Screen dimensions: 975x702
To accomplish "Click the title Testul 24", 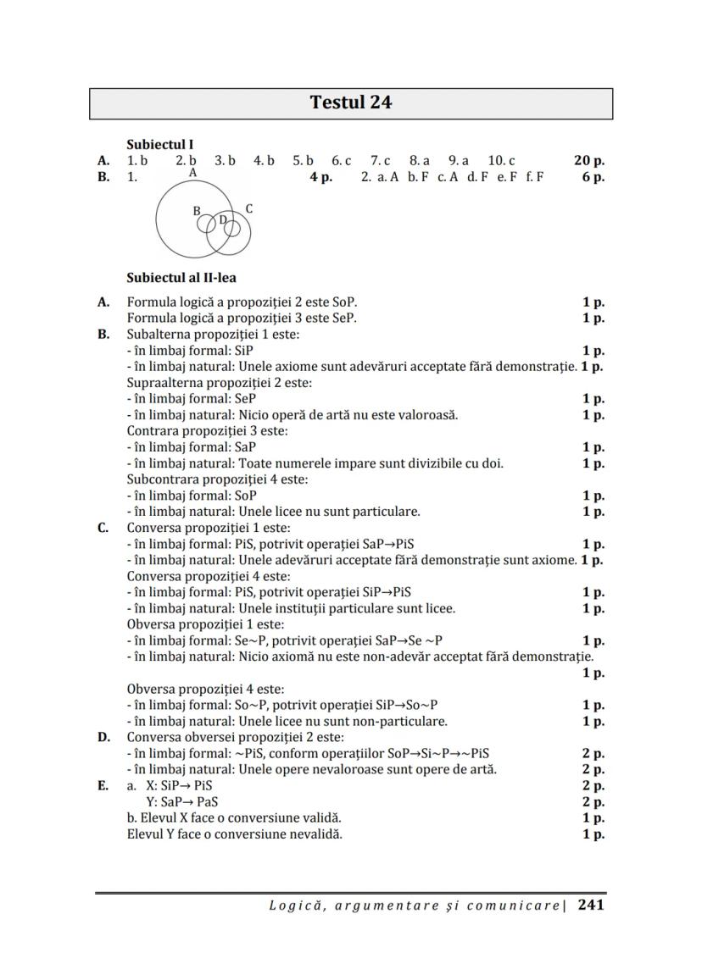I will tap(350, 102).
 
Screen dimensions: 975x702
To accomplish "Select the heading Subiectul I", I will tap(160, 145).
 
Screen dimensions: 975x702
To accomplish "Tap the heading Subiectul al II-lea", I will tap(181, 277).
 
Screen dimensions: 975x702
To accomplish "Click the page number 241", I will tap(591, 905).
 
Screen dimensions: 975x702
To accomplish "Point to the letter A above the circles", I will tap(193, 173).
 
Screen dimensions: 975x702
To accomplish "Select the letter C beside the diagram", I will tap(248, 208).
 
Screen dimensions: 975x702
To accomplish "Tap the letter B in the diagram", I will tap(197, 211).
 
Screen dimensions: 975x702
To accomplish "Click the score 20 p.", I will tap(588, 160).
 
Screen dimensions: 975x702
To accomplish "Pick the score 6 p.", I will tap(593, 177).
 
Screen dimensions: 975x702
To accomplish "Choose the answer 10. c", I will tap(501, 160).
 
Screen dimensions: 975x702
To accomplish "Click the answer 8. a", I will tap(420, 160).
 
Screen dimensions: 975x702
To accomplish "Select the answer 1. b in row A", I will tap(137, 160).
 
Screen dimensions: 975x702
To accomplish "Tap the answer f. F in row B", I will tap(535, 177).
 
